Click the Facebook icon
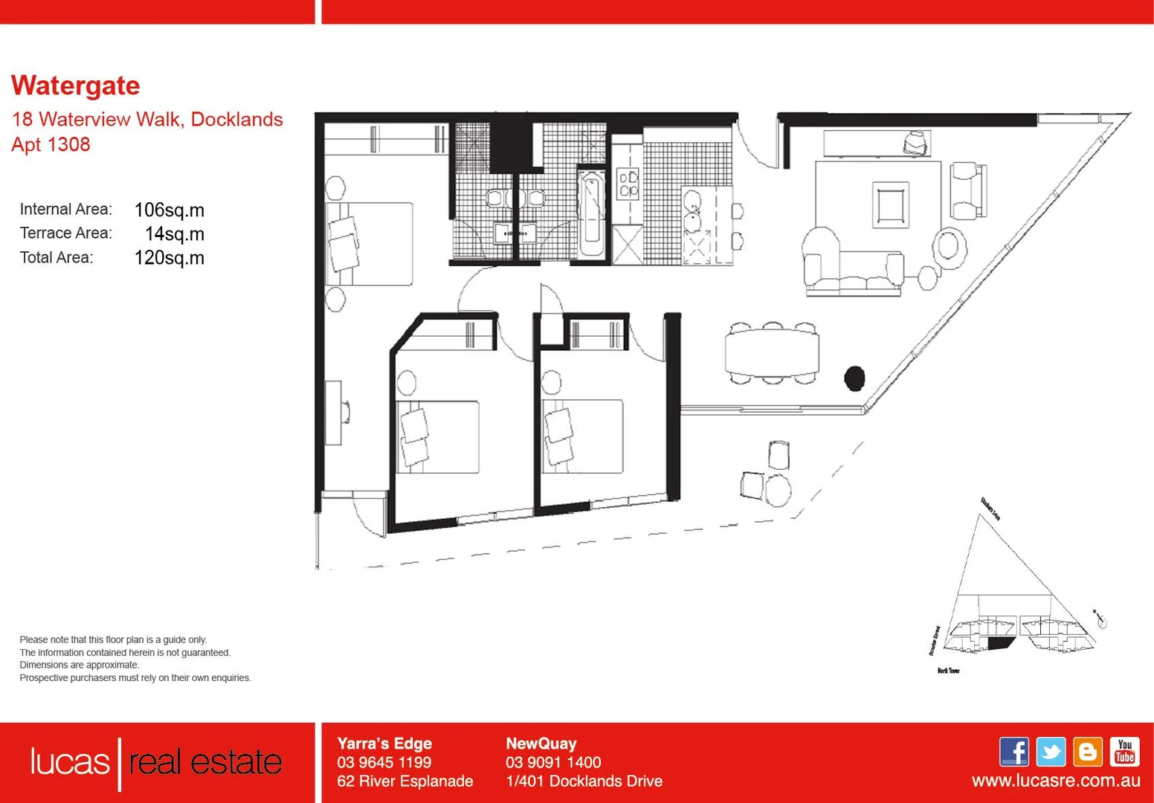[x=1013, y=752]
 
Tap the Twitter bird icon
[x=1051, y=752]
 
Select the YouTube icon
[x=1124, y=752]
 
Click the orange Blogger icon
[x=1088, y=752]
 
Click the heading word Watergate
[x=75, y=86]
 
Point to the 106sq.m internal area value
[x=169, y=210]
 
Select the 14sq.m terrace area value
[x=174, y=234]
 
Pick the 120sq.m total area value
[x=169, y=258]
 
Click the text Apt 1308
[x=51, y=144]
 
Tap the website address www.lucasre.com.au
[x=1055, y=781]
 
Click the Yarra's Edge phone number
[x=384, y=762]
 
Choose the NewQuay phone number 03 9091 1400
[x=553, y=762]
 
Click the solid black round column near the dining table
[x=854, y=378]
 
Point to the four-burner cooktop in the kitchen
[x=628, y=183]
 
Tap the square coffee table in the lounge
[x=891, y=204]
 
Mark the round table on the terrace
[x=779, y=490]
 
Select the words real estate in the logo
[x=205, y=762]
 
